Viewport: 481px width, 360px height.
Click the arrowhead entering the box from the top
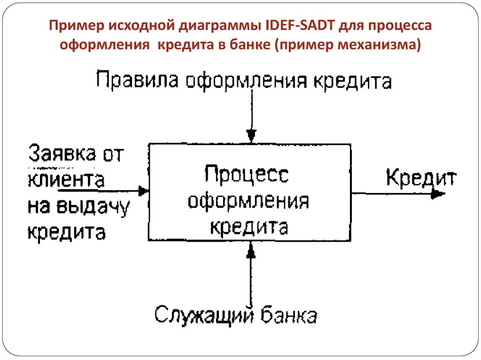click(252, 136)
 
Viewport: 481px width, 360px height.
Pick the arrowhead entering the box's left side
click(143, 191)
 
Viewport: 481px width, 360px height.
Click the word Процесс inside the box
click(247, 175)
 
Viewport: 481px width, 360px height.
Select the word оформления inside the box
click(248, 202)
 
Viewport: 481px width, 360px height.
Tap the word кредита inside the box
click(248, 227)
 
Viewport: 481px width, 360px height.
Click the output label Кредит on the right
click(421, 178)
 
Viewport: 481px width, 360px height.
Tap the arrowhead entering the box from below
click(252, 253)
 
